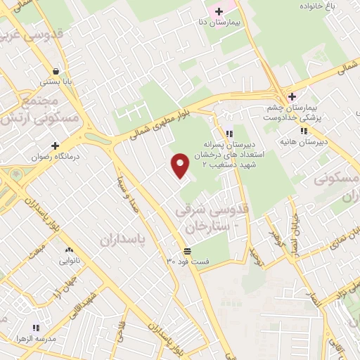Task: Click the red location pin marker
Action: click(x=181, y=165)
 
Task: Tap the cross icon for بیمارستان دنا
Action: click(x=219, y=11)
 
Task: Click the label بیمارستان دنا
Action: click(x=219, y=23)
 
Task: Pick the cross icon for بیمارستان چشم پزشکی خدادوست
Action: click(x=292, y=96)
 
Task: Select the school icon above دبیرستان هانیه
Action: click(x=304, y=130)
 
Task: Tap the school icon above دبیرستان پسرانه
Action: click(x=229, y=134)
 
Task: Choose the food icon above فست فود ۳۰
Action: click(x=187, y=250)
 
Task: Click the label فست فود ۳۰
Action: click(x=188, y=262)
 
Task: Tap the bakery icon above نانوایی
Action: click(x=69, y=250)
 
